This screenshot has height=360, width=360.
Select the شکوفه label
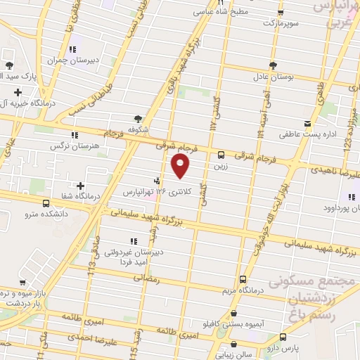[x=138, y=129]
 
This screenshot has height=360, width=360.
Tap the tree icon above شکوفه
[x=138, y=119]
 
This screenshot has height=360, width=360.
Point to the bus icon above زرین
[x=221, y=155]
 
